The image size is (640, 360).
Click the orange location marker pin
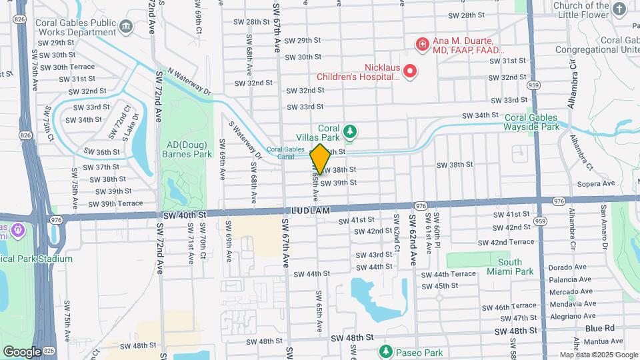point(320,159)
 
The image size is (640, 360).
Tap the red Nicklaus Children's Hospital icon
point(411,71)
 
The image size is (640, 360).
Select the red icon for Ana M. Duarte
point(422,45)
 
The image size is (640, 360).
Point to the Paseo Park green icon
point(385,351)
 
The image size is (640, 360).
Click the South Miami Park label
point(509,267)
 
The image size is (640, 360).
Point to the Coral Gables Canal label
point(285,153)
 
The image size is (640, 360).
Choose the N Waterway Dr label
point(189,81)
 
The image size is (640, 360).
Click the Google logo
point(22,351)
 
